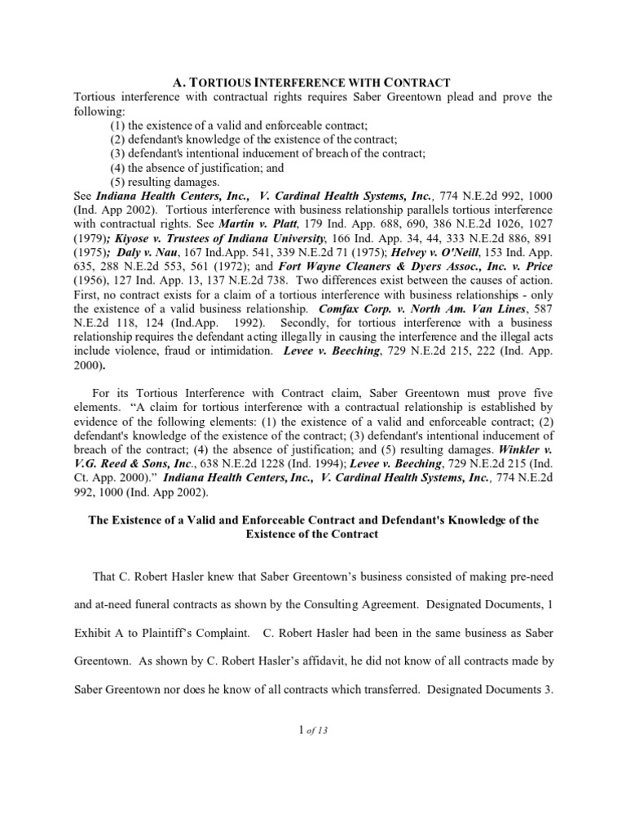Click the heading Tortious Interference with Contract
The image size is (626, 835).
click(x=313, y=82)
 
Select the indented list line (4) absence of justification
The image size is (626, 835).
click(x=197, y=167)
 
